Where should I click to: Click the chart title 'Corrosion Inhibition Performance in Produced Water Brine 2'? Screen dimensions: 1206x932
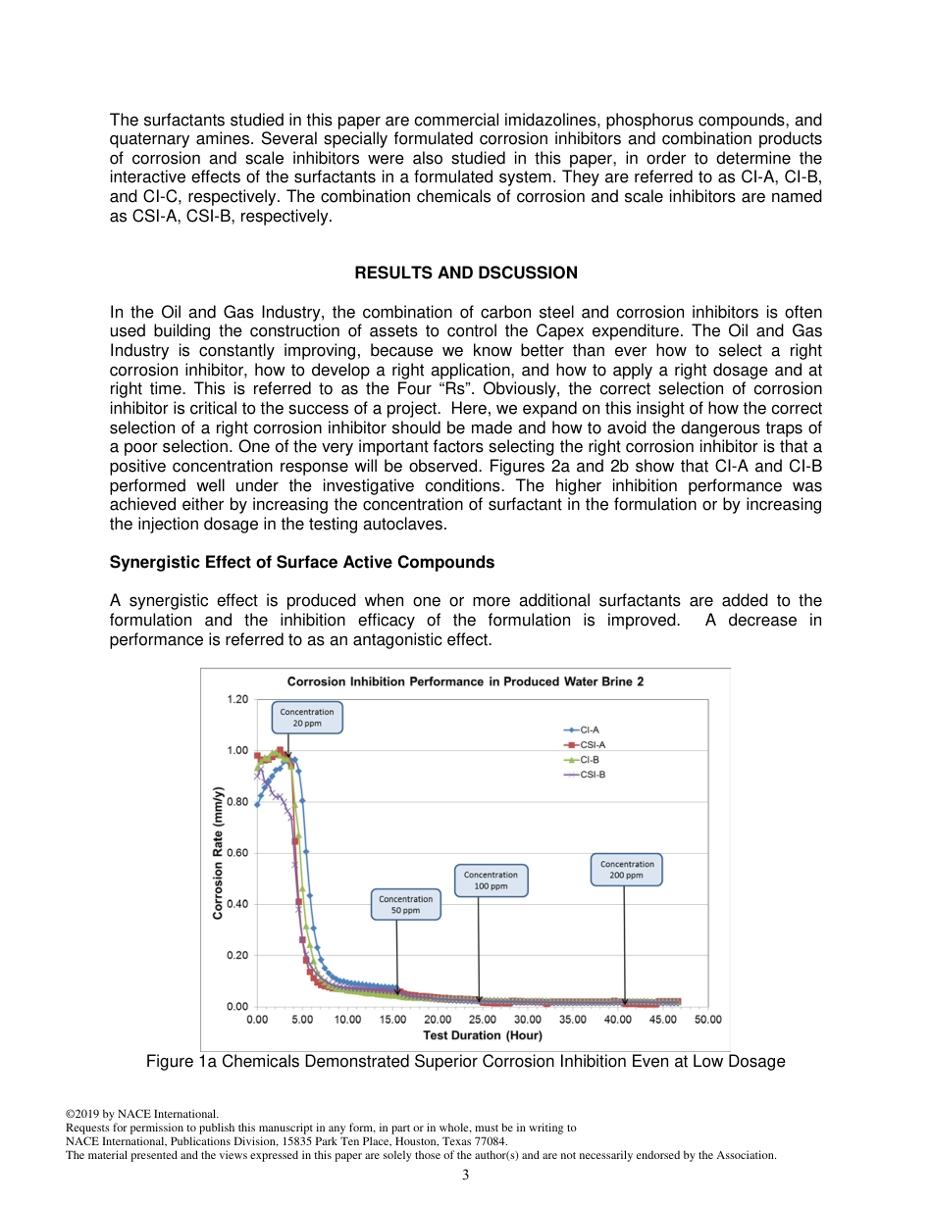465,681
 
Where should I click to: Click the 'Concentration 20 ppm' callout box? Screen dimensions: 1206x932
307,718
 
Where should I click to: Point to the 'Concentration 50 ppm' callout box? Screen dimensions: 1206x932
405,904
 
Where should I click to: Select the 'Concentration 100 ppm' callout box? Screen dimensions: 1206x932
491,880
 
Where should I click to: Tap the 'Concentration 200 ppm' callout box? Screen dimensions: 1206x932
627,870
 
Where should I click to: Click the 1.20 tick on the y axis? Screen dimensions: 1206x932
237,700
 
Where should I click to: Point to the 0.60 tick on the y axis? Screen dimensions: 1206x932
237,853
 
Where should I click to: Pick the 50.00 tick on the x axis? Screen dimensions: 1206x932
708,1020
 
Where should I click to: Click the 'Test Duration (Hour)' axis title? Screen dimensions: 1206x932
482,1035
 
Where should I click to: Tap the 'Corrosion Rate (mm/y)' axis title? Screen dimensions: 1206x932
218,853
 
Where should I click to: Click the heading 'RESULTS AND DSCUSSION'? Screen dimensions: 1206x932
465,273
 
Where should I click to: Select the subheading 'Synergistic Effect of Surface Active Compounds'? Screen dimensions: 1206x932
301,563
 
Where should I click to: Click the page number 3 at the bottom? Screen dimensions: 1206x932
465,1176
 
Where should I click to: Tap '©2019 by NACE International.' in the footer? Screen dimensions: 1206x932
141,1114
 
